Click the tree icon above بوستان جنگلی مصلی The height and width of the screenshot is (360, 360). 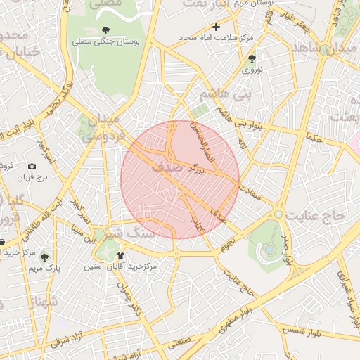[105, 30]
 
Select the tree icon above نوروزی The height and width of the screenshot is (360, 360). [252, 58]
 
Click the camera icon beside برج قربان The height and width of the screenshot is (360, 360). [32, 166]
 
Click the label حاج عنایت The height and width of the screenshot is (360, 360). [320, 217]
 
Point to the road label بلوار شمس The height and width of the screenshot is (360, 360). [301, 329]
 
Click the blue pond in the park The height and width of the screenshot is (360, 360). [269, 249]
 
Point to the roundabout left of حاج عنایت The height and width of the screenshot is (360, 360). [279, 213]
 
